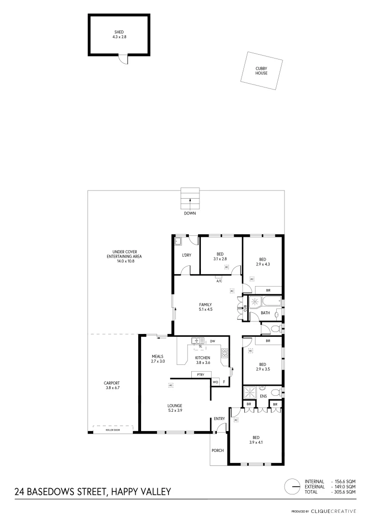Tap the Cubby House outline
point(261,71)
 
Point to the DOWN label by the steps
point(190,213)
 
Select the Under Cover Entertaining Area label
point(127,256)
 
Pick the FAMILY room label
point(206,306)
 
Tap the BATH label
point(265,313)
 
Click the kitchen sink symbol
point(198,341)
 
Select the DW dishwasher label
point(213,341)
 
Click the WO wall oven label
point(215,382)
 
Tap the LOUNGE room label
point(175,408)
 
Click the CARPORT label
point(112,385)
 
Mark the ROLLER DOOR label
point(113,429)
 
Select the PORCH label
point(217,450)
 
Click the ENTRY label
point(220,419)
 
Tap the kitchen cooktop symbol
point(225,353)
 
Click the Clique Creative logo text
point(333,511)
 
